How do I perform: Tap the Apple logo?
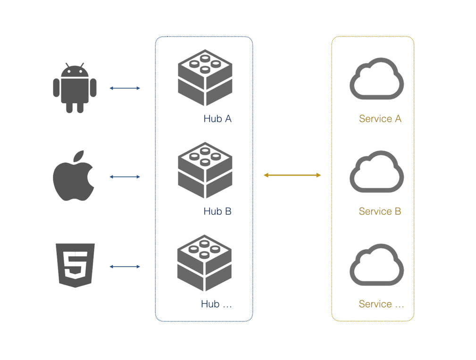(x=74, y=177)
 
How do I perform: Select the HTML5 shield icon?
(x=75, y=265)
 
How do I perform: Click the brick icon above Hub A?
(x=205, y=78)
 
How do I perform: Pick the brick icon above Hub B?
(x=205, y=170)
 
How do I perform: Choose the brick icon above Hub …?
(x=205, y=263)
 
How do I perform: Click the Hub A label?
(x=217, y=119)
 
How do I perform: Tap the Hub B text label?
(x=217, y=211)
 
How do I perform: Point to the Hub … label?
(x=217, y=304)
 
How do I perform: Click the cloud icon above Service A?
(x=376, y=79)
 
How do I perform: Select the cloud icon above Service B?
(x=376, y=172)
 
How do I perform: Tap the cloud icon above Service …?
(x=376, y=265)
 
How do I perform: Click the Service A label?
(x=380, y=119)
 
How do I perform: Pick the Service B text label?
(x=380, y=211)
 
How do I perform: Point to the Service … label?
(x=381, y=304)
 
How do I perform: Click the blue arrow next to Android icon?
(x=125, y=88)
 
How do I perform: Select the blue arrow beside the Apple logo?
(x=125, y=177)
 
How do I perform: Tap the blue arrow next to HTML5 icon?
(x=125, y=267)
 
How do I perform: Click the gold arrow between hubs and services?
(x=292, y=175)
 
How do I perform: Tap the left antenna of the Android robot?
(x=68, y=65)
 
